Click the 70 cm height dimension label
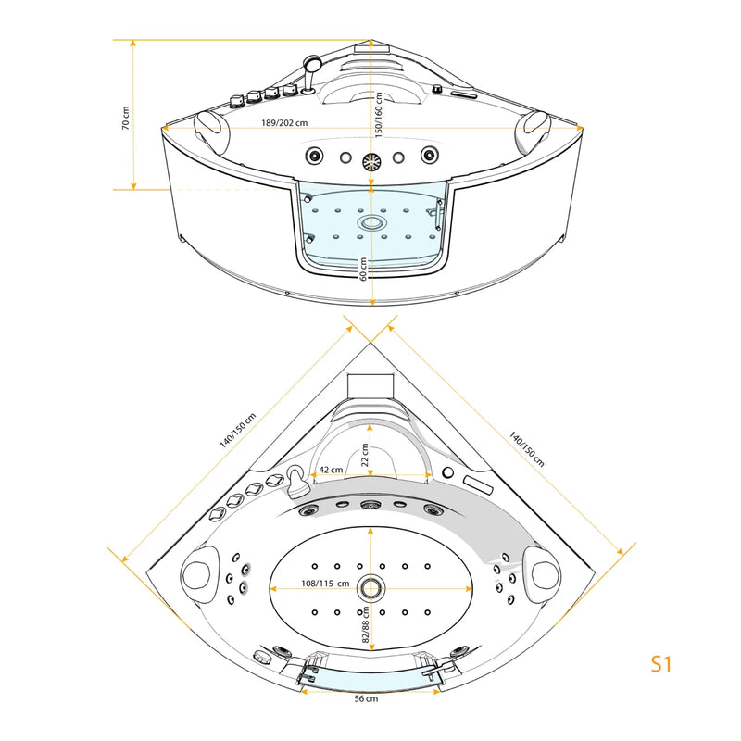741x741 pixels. (125, 118)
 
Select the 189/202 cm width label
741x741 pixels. (284, 123)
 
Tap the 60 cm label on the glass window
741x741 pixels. (363, 269)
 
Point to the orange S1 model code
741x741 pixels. (660, 663)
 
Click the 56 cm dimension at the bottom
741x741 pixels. (366, 698)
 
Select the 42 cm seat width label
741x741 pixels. (331, 470)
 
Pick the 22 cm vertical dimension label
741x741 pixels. (365, 455)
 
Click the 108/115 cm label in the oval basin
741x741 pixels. (325, 584)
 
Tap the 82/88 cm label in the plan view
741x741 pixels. (365, 624)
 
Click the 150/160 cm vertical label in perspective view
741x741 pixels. (379, 115)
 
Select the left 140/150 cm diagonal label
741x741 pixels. (238, 431)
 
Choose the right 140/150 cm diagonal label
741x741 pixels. (526, 449)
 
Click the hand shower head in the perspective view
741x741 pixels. (311, 62)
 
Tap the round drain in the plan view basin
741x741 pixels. (370, 588)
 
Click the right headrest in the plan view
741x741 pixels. (542, 573)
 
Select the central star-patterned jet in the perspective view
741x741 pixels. (371, 162)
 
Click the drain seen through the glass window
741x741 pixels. (371, 222)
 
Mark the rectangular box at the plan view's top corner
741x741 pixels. (370, 386)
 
